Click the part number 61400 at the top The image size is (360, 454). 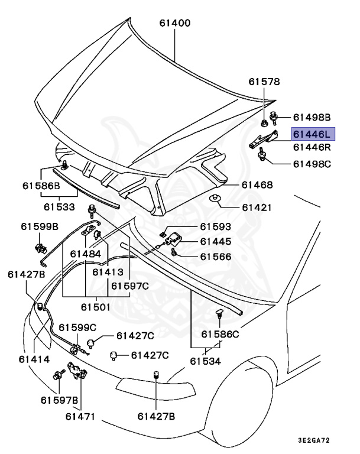tap(175, 24)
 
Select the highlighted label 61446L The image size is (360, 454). tap(313, 135)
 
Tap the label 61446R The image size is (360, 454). tap(313, 147)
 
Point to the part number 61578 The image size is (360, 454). tap(264, 82)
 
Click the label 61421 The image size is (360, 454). tap(257, 207)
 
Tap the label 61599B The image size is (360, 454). tap(40, 226)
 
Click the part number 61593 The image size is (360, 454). tap(215, 226)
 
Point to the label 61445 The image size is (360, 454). tap(215, 241)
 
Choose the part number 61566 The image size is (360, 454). tap(215, 257)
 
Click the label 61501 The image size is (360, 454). tap(96, 307)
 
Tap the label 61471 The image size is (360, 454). tap(80, 416)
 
